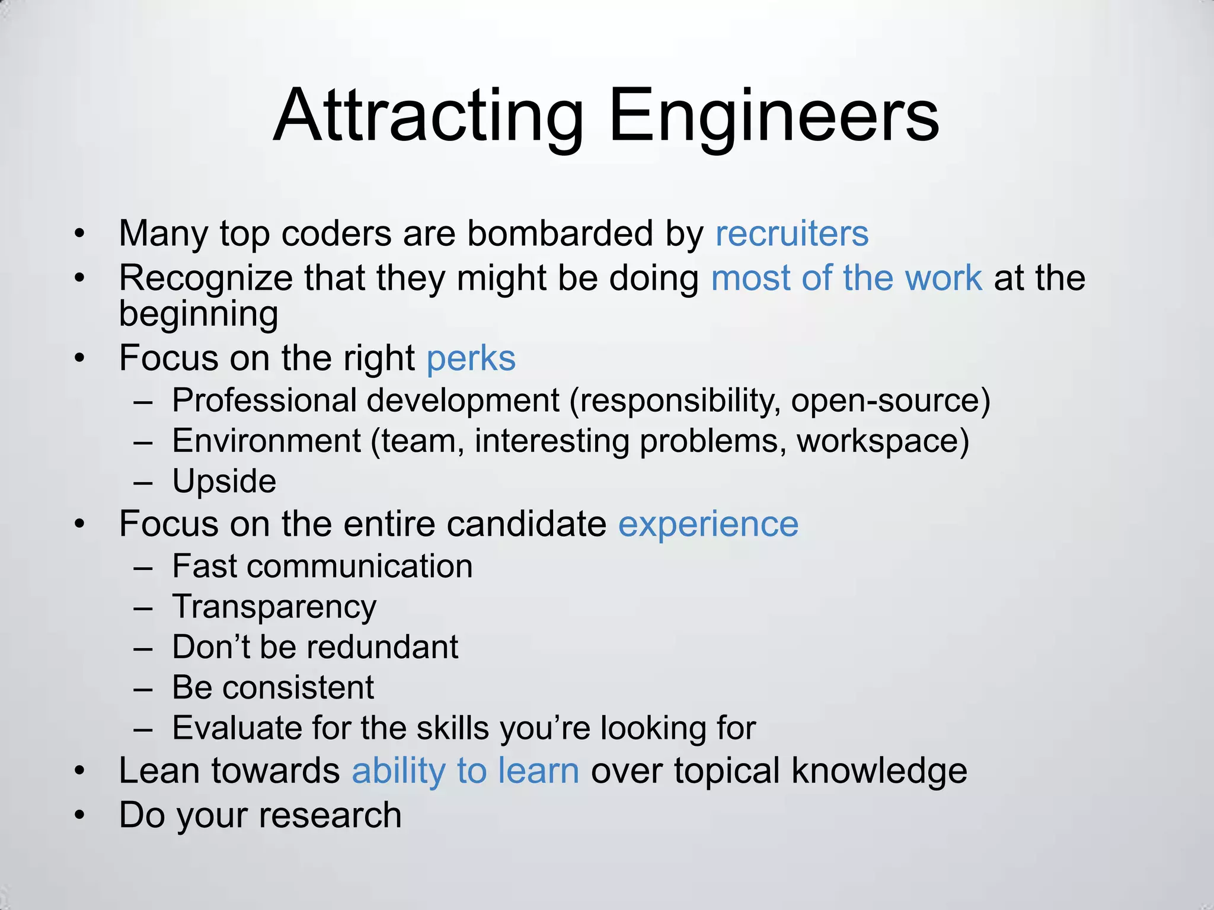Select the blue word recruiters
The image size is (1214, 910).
click(791, 233)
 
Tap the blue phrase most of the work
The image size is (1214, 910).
click(846, 278)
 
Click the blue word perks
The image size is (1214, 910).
click(471, 359)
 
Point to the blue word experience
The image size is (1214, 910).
click(708, 524)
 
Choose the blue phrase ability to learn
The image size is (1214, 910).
click(465, 771)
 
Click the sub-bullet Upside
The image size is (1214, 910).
click(224, 481)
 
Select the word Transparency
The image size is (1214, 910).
click(274, 607)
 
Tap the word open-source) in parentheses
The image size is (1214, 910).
click(890, 400)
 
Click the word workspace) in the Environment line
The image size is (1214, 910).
click(882, 441)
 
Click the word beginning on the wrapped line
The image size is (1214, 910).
click(199, 314)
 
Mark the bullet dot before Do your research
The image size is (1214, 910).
click(80, 816)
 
